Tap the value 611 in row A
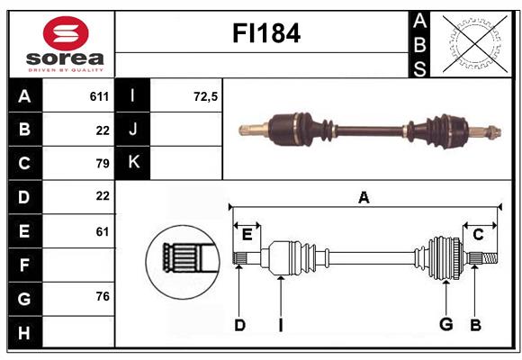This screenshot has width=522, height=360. tap(99, 96)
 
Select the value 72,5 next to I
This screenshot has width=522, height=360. tap(206, 96)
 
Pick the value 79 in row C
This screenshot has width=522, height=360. tap(102, 164)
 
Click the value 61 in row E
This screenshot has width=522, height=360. tap(102, 231)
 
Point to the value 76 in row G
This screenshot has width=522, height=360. tap(102, 296)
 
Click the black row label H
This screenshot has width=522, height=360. tap(25, 332)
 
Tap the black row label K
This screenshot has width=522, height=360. tap(133, 163)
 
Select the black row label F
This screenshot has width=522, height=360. tap(25, 265)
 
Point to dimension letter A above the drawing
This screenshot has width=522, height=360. tap(364, 198)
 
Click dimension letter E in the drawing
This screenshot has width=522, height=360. tap(247, 235)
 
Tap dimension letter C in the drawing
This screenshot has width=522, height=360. tap(479, 235)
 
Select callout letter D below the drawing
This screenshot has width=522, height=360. tap(239, 325)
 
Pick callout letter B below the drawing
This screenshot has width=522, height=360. tap(476, 325)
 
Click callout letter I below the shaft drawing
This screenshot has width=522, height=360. tap(280, 325)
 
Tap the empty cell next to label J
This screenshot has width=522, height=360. tap(187, 130)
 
